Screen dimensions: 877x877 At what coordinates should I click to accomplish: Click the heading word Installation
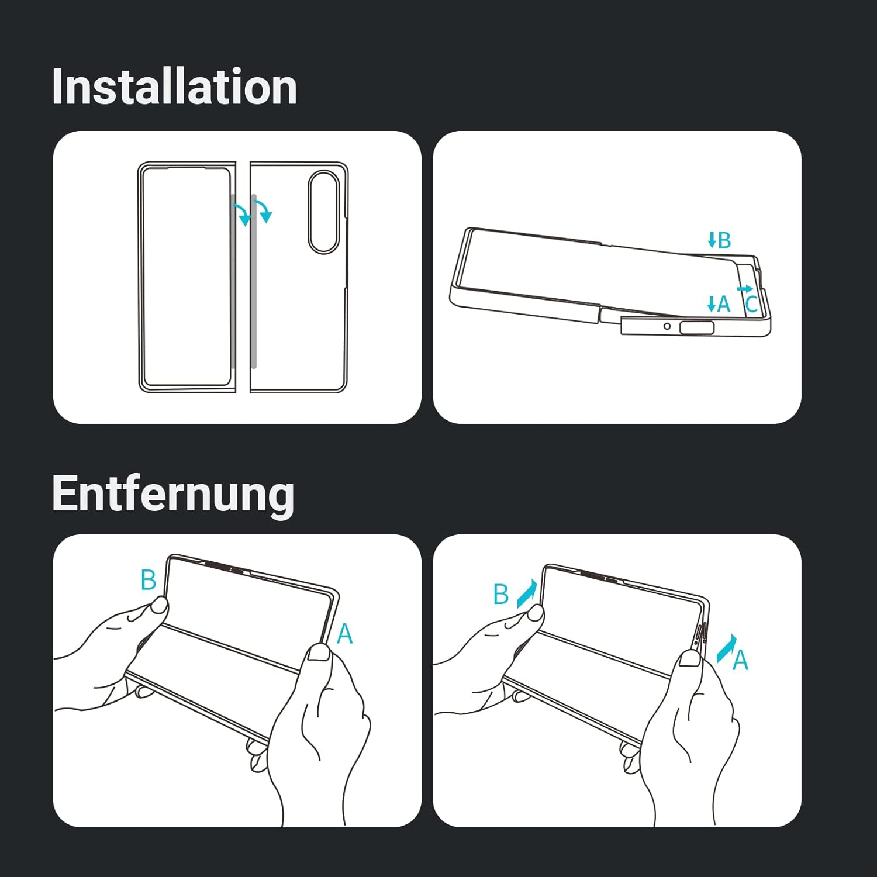tap(174, 87)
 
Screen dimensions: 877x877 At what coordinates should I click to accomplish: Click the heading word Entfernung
tap(173, 495)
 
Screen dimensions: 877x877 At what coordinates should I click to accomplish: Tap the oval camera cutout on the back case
tap(323, 212)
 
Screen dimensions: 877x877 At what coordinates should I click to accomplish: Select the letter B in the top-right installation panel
tap(724, 240)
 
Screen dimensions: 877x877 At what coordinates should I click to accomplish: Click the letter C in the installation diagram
tap(751, 304)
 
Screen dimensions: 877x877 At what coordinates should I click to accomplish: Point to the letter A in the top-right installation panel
tap(724, 304)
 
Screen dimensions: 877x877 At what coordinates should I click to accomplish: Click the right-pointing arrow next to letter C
tap(745, 289)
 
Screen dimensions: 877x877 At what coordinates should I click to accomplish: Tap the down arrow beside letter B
tap(712, 240)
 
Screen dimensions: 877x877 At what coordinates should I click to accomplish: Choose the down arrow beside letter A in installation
tap(712, 303)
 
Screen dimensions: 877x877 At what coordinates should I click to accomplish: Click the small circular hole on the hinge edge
tap(667, 326)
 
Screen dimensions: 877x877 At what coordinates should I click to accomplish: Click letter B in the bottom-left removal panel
tap(149, 580)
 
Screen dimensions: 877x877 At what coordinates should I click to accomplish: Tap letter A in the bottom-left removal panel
tap(345, 634)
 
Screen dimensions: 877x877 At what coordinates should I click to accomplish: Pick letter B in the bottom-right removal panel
tap(501, 594)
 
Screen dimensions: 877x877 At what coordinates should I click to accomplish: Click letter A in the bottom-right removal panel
tap(741, 660)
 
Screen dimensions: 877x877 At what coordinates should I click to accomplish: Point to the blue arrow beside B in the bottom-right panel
tap(526, 593)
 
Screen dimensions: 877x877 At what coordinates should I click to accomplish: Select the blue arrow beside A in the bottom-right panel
tap(726, 648)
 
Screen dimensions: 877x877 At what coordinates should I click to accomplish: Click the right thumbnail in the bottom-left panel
tap(319, 651)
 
